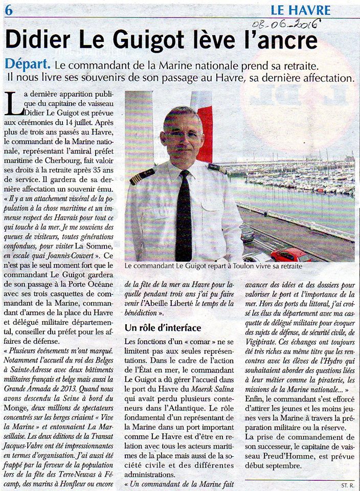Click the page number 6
9,9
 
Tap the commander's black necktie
184,220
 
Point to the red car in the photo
290,254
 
